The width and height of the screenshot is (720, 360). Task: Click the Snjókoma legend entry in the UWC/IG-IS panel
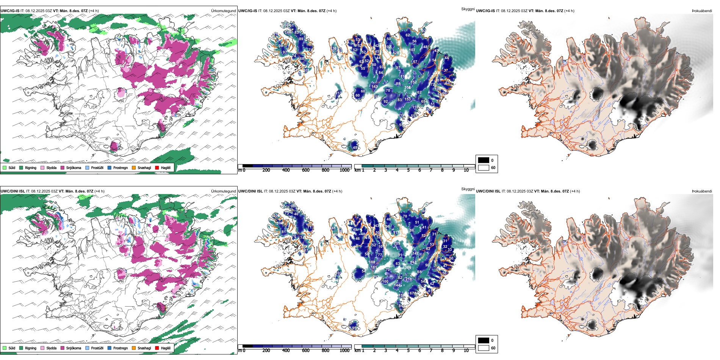pyautogui.click(x=74, y=167)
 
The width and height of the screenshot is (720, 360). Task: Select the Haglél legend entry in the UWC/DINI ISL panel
pyautogui.click(x=166, y=348)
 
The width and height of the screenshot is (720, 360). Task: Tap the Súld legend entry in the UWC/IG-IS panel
pyautogui.click(x=12, y=167)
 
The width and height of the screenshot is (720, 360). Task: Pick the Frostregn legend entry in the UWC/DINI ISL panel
pyautogui.click(x=120, y=348)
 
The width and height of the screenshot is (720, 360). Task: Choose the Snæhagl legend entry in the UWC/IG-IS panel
pyautogui.click(x=144, y=167)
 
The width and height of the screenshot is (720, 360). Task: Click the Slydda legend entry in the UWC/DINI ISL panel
pyautogui.click(x=51, y=348)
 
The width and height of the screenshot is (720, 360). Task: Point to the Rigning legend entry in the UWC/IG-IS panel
pyautogui.click(x=30, y=167)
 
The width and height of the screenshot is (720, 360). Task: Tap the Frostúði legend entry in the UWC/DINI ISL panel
pyautogui.click(x=97, y=348)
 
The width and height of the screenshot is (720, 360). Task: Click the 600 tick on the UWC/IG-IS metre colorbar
pyautogui.click(x=306, y=170)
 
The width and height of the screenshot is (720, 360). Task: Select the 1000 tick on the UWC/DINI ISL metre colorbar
pyautogui.click(x=344, y=351)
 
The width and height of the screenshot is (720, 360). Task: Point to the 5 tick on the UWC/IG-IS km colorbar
pyautogui.click(x=409, y=170)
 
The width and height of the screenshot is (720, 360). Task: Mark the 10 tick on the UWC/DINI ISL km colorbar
pyautogui.click(x=466, y=351)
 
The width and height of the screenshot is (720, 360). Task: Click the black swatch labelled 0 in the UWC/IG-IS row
pyautogui.click(x=484, y=160)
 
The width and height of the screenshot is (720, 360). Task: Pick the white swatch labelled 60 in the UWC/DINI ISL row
pyautogui.click(x=484, y=348)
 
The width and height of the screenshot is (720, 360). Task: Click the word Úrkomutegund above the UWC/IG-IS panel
pyautogui.click(x=223, y=11)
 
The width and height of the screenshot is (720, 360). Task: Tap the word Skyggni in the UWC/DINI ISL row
pyautogui.click(x=468, y=189)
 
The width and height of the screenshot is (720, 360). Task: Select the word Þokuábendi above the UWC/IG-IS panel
pyautogui.click(x=702, y=11)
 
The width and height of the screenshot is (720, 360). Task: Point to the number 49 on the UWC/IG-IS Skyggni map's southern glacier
pyautogui.click(x=355, y=147)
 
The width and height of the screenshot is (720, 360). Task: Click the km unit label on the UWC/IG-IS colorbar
pyautogui.click(x=357, y=170)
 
